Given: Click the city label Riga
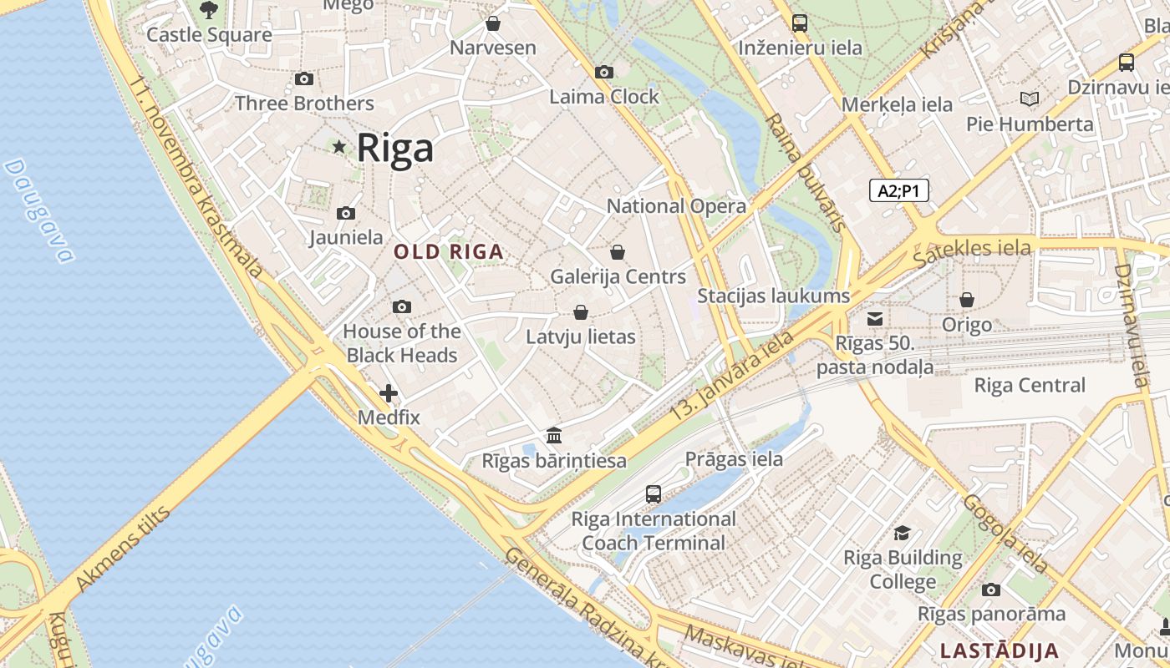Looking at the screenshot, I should (395, 148).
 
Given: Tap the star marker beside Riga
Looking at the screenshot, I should (338, 147).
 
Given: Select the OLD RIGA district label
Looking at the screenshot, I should (449, 251).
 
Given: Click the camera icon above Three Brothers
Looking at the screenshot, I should (304, 78).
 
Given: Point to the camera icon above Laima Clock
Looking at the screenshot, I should (604, 73).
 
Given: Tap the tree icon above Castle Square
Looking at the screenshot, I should (209, 10).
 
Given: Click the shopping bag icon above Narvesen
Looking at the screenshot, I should (493, 23).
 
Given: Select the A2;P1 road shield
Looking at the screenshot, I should (898, 191).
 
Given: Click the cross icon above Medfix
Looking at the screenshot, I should (389, 392).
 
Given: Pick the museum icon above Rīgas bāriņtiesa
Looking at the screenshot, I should (554, 436).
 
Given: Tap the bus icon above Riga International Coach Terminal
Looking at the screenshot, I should (654, 493).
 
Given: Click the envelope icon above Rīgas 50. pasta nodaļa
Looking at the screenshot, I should (875, 318).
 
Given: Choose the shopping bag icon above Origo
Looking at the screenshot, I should (967, 299).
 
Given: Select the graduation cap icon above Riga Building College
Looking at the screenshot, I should (903, 533).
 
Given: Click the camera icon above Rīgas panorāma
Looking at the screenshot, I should (991, 590).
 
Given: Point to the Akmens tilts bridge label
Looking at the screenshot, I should (124, 548).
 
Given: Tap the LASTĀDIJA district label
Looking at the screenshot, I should (1000, 650).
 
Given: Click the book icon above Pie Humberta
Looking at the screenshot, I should (1030, 99).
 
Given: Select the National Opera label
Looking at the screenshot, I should (676, 206).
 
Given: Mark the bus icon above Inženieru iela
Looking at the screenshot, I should (800, 23).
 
